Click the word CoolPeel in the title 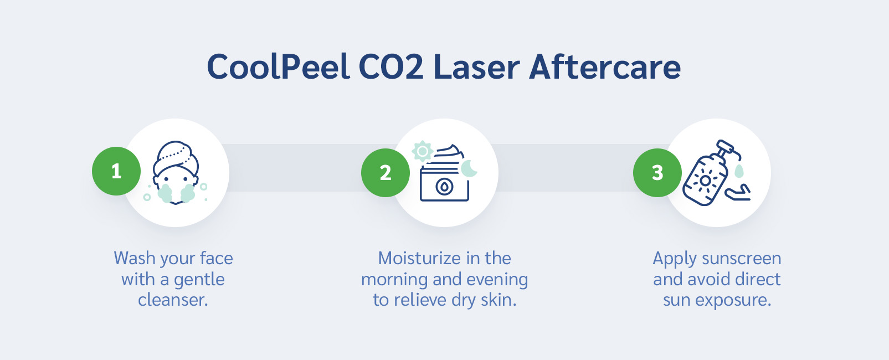278,67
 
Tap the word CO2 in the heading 391,67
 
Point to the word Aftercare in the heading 605,67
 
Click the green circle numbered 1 116,171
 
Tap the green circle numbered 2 386,173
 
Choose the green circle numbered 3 657,173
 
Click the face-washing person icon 176,173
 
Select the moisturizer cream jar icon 444,180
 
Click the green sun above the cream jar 423,151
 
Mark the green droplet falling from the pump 739,171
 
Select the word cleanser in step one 173,300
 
